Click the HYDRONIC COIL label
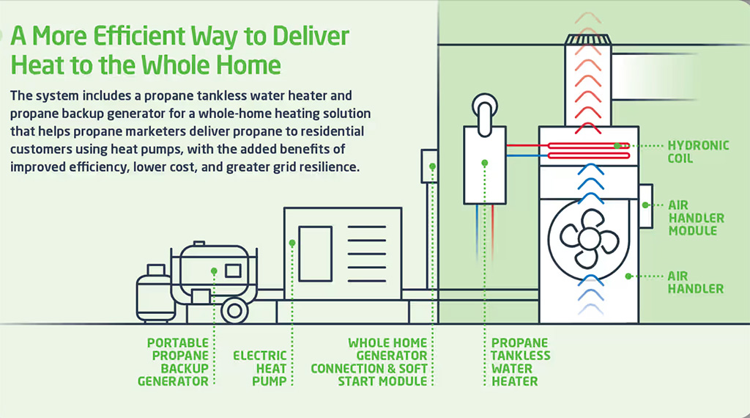point(698,151)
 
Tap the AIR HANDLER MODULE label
point(696,218)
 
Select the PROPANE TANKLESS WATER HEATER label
point(521,362)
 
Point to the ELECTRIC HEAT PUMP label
point(260,368)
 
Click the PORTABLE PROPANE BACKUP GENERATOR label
point(173,362)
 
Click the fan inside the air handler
point(589,238)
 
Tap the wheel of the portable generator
point(234,310)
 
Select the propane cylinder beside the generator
point(154,293)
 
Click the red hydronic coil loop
point(588,150)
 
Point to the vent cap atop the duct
point(588,40)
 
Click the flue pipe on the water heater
point(485,113)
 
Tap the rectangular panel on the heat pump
point(315,254)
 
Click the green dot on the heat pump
point(292,243)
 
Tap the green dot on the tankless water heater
point(485,164)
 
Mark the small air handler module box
point(646,206)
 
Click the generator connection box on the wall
point(429,166)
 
